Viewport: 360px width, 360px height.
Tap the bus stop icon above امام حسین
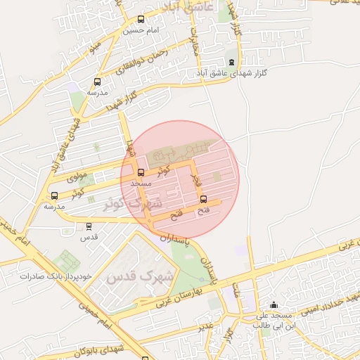coord(141,20)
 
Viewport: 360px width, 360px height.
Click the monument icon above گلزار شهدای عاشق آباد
coord(232,62)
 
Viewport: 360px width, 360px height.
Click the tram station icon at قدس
coord(89,226)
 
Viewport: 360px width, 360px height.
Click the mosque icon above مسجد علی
coord(274,305)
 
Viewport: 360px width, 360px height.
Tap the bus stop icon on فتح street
coord(204,200)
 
